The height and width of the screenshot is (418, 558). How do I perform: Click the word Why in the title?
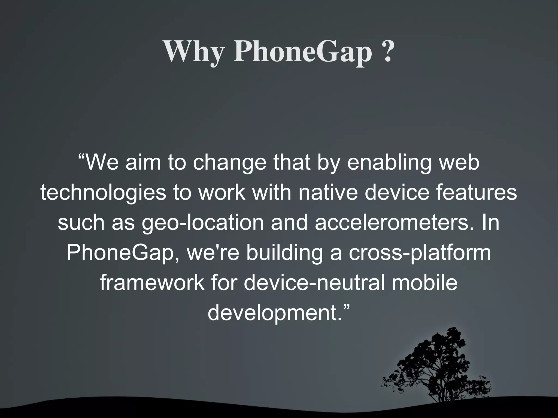click(x=194, y=51)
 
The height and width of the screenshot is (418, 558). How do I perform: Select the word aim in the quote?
click(x=143, y=163)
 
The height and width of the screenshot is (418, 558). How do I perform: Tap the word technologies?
click(x=103, y=193)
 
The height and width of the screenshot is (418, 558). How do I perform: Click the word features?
click(x=476, y=192)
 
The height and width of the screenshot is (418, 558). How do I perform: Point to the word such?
click(x=81, y=223)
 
